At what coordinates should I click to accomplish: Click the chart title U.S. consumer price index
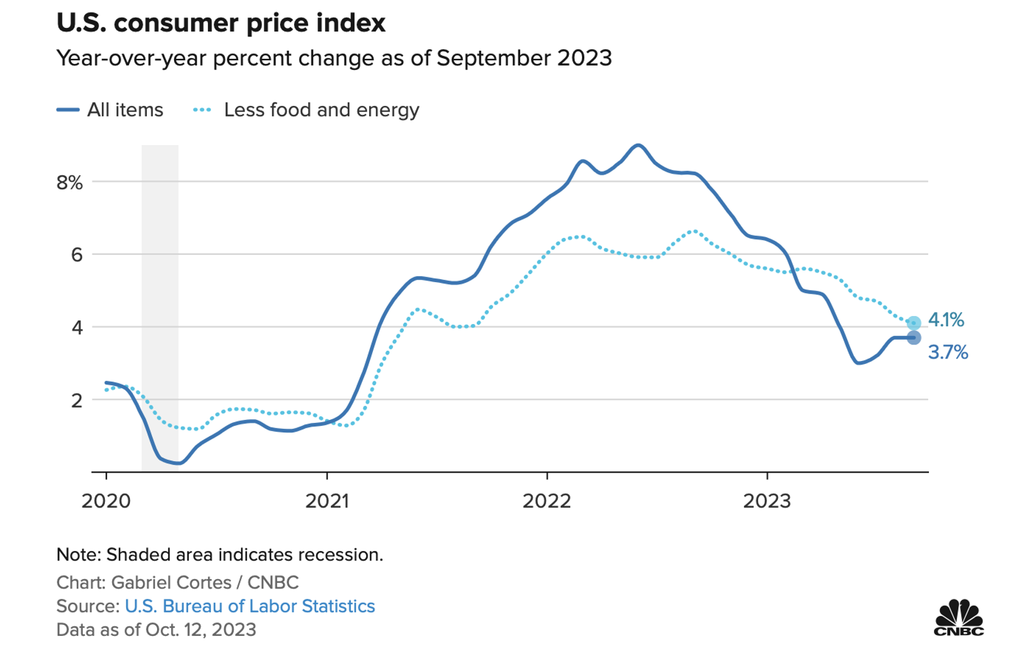tap(221, 23)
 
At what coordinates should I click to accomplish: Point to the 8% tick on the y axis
tap(70, 182)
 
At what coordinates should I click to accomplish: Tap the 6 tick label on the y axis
tap(76, 255)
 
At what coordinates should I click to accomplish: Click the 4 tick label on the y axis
tap(76, 328)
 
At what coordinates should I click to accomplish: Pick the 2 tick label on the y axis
tap(76, 400)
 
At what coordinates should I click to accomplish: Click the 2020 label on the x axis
tap(106, 501)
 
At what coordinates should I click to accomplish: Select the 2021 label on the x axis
tap(327, 501)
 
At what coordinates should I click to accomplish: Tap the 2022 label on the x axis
tap(547, 501)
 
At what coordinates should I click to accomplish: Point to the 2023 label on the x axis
tap(767, 501)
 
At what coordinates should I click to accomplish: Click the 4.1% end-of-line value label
tap(946, 320)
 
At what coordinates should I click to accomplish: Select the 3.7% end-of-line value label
tap(948, 352)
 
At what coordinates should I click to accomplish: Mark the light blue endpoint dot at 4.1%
tap(914, 323)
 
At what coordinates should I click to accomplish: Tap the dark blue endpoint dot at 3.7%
tap(914, 338)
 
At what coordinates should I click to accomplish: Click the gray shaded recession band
tap(160, 303)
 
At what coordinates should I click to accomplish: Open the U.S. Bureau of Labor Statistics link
tap(250, 606)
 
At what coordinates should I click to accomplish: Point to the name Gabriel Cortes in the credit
tap(172, 582)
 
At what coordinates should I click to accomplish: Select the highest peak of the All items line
tap(637, 145)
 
